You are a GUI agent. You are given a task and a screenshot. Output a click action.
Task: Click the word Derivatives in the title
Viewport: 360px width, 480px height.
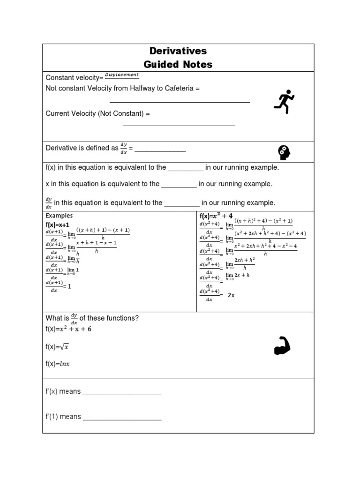tap(178, 51)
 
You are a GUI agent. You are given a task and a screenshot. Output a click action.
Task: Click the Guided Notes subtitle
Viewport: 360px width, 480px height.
tap(178, 64)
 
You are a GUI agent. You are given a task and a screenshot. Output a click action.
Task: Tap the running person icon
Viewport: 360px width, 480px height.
tap(284, 101)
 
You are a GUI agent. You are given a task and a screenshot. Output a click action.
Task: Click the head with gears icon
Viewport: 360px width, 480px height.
tap(284, 152)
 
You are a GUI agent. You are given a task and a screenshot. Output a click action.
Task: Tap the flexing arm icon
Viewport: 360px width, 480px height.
tap(282, 346)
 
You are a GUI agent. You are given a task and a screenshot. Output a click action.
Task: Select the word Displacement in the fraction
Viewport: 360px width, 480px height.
tap(121, 75)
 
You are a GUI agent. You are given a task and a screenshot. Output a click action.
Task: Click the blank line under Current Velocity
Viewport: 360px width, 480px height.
tap(179, 125)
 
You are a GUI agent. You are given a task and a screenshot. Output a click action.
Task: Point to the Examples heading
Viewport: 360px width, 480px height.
tap(59, 216)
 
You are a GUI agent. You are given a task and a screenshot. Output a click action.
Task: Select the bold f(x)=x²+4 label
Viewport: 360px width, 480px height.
tap(216, 216)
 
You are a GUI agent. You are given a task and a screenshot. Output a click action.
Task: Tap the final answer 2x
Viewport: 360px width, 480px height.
tap(231, 295)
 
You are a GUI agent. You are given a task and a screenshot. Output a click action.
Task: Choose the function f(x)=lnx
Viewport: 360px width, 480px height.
tap(58, 364)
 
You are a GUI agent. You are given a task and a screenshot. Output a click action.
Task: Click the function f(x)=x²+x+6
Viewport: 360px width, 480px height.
tap(68, 329)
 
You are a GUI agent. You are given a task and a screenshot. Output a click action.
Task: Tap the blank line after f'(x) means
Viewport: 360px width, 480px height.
tap(122, 394)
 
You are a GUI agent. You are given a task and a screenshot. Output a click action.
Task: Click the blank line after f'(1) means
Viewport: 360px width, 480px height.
tap(122, 420)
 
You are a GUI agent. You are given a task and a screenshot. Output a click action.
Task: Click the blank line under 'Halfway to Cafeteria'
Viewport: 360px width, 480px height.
tap(180, 101)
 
